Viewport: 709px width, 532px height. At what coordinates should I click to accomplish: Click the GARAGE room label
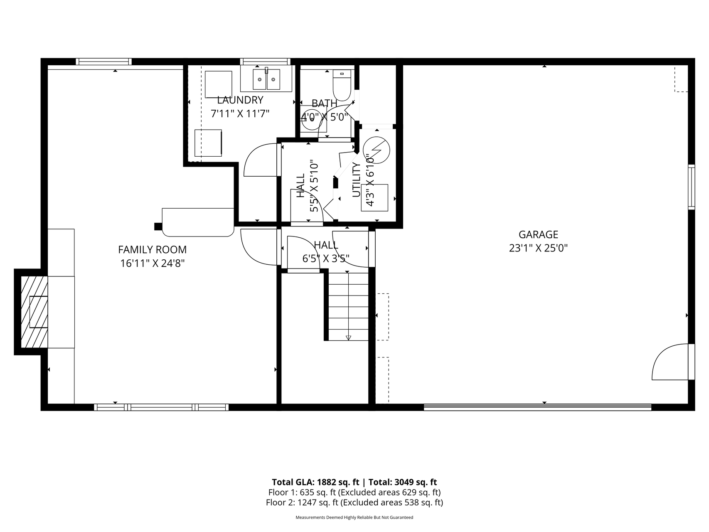(538, 234)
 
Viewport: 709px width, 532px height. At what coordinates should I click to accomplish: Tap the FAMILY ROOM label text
(152, 250)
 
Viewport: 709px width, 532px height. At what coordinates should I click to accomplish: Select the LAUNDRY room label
(240, 100)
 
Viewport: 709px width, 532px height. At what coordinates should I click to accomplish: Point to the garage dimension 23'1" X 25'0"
(538, 248)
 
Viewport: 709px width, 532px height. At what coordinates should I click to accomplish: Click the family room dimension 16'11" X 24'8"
(152, 263)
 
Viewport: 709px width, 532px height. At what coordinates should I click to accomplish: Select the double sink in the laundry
(266, 79)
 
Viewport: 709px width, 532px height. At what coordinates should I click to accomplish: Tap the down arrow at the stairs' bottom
(348, 337)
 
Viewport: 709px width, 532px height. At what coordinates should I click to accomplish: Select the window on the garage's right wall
(691, 187)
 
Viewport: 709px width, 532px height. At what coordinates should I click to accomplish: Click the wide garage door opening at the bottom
(537, 407)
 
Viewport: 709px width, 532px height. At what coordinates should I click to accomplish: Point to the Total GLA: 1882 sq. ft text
(316, 482)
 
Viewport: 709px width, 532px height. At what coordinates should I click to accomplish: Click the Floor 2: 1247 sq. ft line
(354, 502)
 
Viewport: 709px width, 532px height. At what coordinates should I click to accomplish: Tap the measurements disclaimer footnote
(354, 517)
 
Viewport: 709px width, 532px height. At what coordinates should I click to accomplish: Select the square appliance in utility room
(374, 197)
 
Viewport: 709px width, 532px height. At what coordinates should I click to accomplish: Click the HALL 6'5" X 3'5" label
(326, 252)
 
